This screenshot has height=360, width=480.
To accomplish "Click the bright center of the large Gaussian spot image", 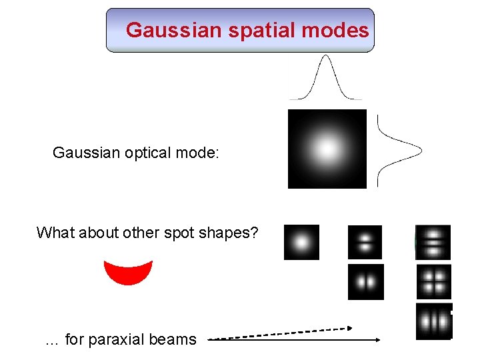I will [x=327, y=149].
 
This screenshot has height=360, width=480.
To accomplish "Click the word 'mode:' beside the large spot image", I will [x=197, y=153].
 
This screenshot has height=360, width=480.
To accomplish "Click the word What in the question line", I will [x=54, y=233].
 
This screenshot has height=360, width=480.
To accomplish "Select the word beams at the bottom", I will [x=175, y=339].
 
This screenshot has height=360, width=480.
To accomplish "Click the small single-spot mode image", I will [x=301, y=242].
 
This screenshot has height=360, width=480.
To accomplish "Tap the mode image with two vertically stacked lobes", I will [x=365, y=242].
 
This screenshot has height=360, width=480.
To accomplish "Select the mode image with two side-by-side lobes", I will [x=366, y=281].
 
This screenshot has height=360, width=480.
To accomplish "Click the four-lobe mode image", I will [x=434, y=281].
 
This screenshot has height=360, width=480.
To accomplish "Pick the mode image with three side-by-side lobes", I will [x=434, y=321].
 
